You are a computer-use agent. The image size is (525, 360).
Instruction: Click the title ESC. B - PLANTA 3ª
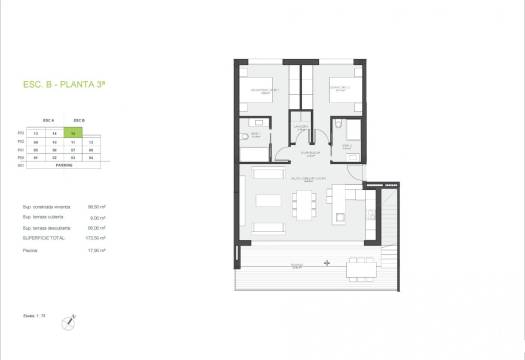[x=65, y=87]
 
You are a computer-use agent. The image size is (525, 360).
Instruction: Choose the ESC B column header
[x=79, y=119]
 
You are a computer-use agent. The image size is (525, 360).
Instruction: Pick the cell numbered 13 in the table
[x=36, y=133]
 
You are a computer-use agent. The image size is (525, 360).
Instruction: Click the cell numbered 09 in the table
[x=36, y=141]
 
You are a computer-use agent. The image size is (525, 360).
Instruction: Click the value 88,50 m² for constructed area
[x=96, y=208]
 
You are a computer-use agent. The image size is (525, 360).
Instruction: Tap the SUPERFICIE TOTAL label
[x=41, y=239]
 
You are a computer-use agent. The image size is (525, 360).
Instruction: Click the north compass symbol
[x=68, y=321]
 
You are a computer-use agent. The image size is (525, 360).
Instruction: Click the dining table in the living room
[x=297, y=202]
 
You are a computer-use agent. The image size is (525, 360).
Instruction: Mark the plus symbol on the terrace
[x=327, y=262]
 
